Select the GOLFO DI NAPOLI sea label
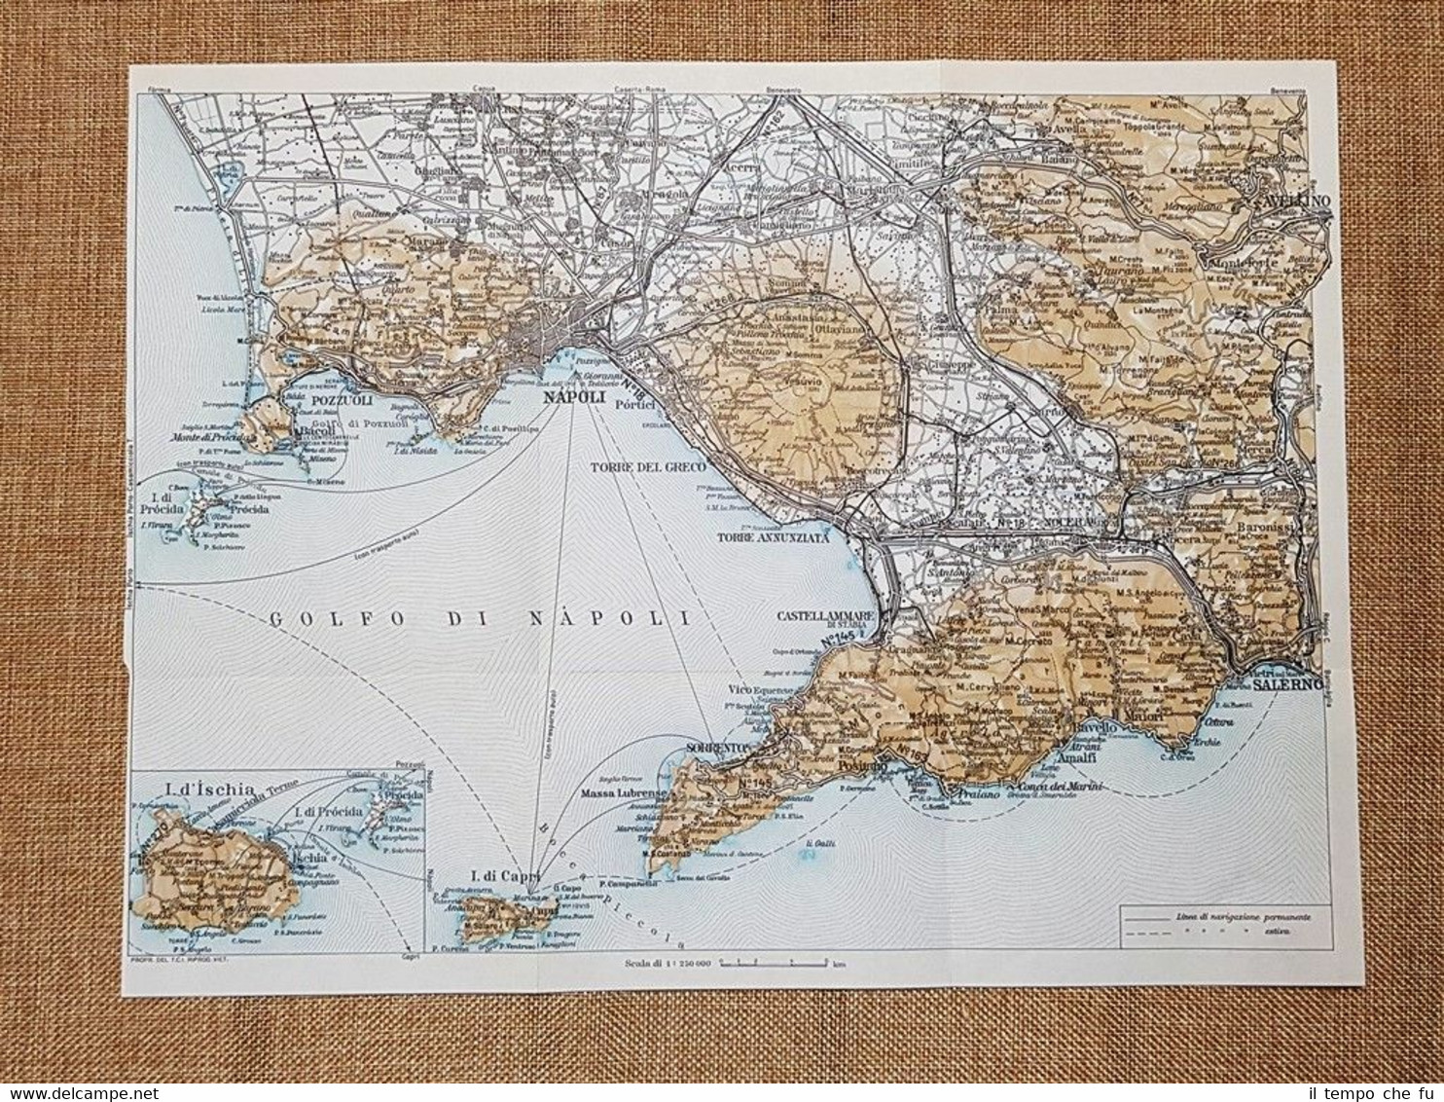click(x=476, y=617)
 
